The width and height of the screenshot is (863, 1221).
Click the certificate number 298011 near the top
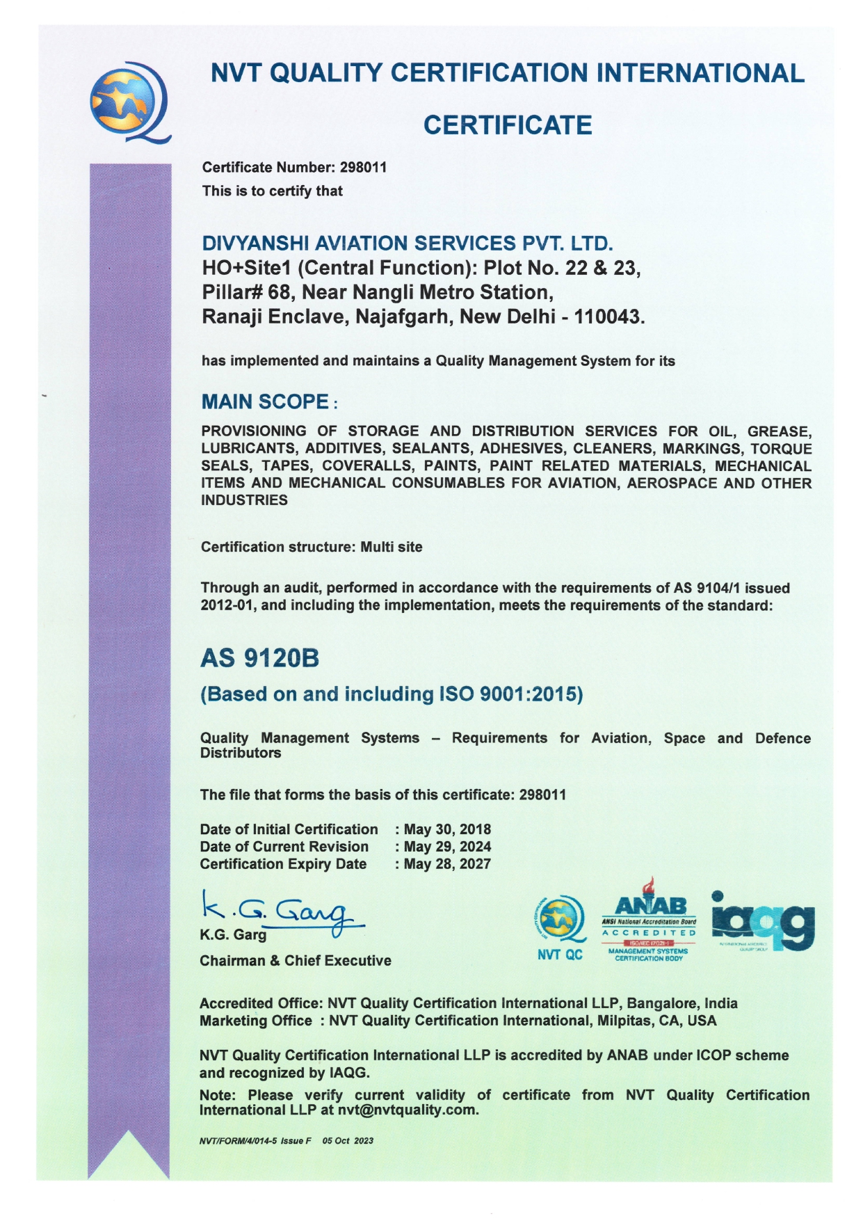coord(363,168)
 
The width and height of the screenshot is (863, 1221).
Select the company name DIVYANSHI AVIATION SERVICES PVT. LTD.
coord(408,244)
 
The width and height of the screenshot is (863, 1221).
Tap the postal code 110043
coord(608,317)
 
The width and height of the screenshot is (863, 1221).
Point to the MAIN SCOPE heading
coord(265,402)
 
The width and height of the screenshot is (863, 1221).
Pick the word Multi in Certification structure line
coord(376,548)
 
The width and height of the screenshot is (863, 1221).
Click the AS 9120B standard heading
coord(260,658)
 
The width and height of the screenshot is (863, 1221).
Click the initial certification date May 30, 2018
coord(447,829)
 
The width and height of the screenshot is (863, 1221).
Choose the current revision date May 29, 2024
coord(447,847)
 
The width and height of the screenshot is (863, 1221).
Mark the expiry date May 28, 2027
coord(447,864)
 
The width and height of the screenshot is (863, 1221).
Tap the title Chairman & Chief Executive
coord(296,961)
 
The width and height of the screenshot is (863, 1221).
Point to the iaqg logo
coord(763,921)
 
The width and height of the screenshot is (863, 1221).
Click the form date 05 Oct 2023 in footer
coord(348,1141)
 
